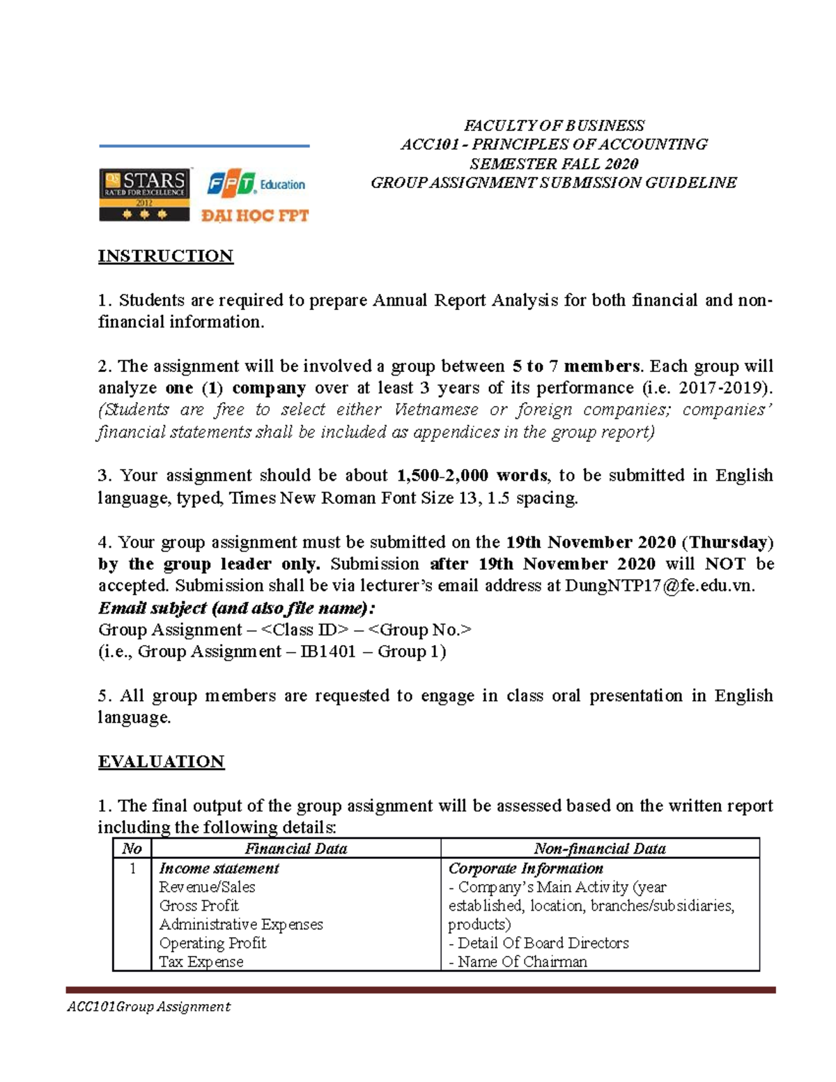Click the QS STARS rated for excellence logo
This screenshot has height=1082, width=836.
pos(144,194)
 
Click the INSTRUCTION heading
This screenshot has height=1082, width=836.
pos(166,256)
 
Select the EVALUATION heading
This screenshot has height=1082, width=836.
pos(161,761)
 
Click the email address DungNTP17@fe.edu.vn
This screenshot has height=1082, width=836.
pos(659,585)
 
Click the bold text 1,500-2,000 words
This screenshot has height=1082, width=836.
pos(472,475)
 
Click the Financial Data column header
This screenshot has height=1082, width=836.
pos(295,848)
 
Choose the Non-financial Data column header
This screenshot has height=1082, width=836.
pos(599,848)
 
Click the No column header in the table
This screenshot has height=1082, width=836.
pos(132,848)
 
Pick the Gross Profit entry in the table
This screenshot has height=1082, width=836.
pos(199,905)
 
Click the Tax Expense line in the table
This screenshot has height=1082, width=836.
pos(201,961)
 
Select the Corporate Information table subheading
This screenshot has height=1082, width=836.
pos(525,868)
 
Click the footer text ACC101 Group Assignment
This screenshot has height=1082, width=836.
pos(148,1006)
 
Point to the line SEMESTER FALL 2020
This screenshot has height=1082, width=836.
pos(554,164)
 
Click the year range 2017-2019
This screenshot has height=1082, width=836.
pos(724,387)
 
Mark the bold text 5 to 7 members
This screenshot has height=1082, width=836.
pos(575,366)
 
